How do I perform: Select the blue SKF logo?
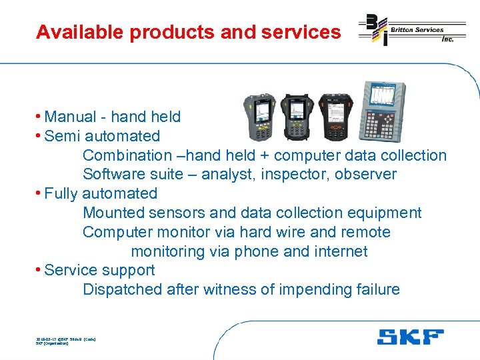pos(409,336)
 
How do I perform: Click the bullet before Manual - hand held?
pos(39,117)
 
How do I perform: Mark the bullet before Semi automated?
pos(39,137)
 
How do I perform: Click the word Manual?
pos(70,117)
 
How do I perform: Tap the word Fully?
pos(61,194)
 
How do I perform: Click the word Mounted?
pos(113,213)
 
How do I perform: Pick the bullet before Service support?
pos(39,271)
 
